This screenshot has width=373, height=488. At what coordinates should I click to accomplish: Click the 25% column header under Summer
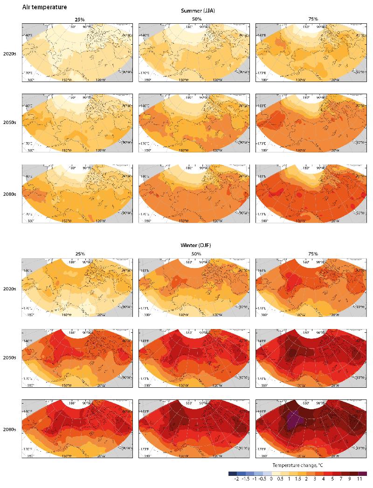(x=80, y=19)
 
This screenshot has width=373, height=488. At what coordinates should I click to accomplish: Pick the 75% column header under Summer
(x=313, y=19)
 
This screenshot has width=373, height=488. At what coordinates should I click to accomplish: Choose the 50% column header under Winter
(x=196, y=254)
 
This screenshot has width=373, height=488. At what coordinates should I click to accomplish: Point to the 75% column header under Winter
(x=313, y=254)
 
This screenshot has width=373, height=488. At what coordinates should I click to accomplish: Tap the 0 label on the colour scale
(x=272, y=479)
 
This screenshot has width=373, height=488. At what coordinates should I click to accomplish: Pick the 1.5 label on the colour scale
(x=297, y=479)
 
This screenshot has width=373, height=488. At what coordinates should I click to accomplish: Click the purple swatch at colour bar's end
(x=363, y=473)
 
